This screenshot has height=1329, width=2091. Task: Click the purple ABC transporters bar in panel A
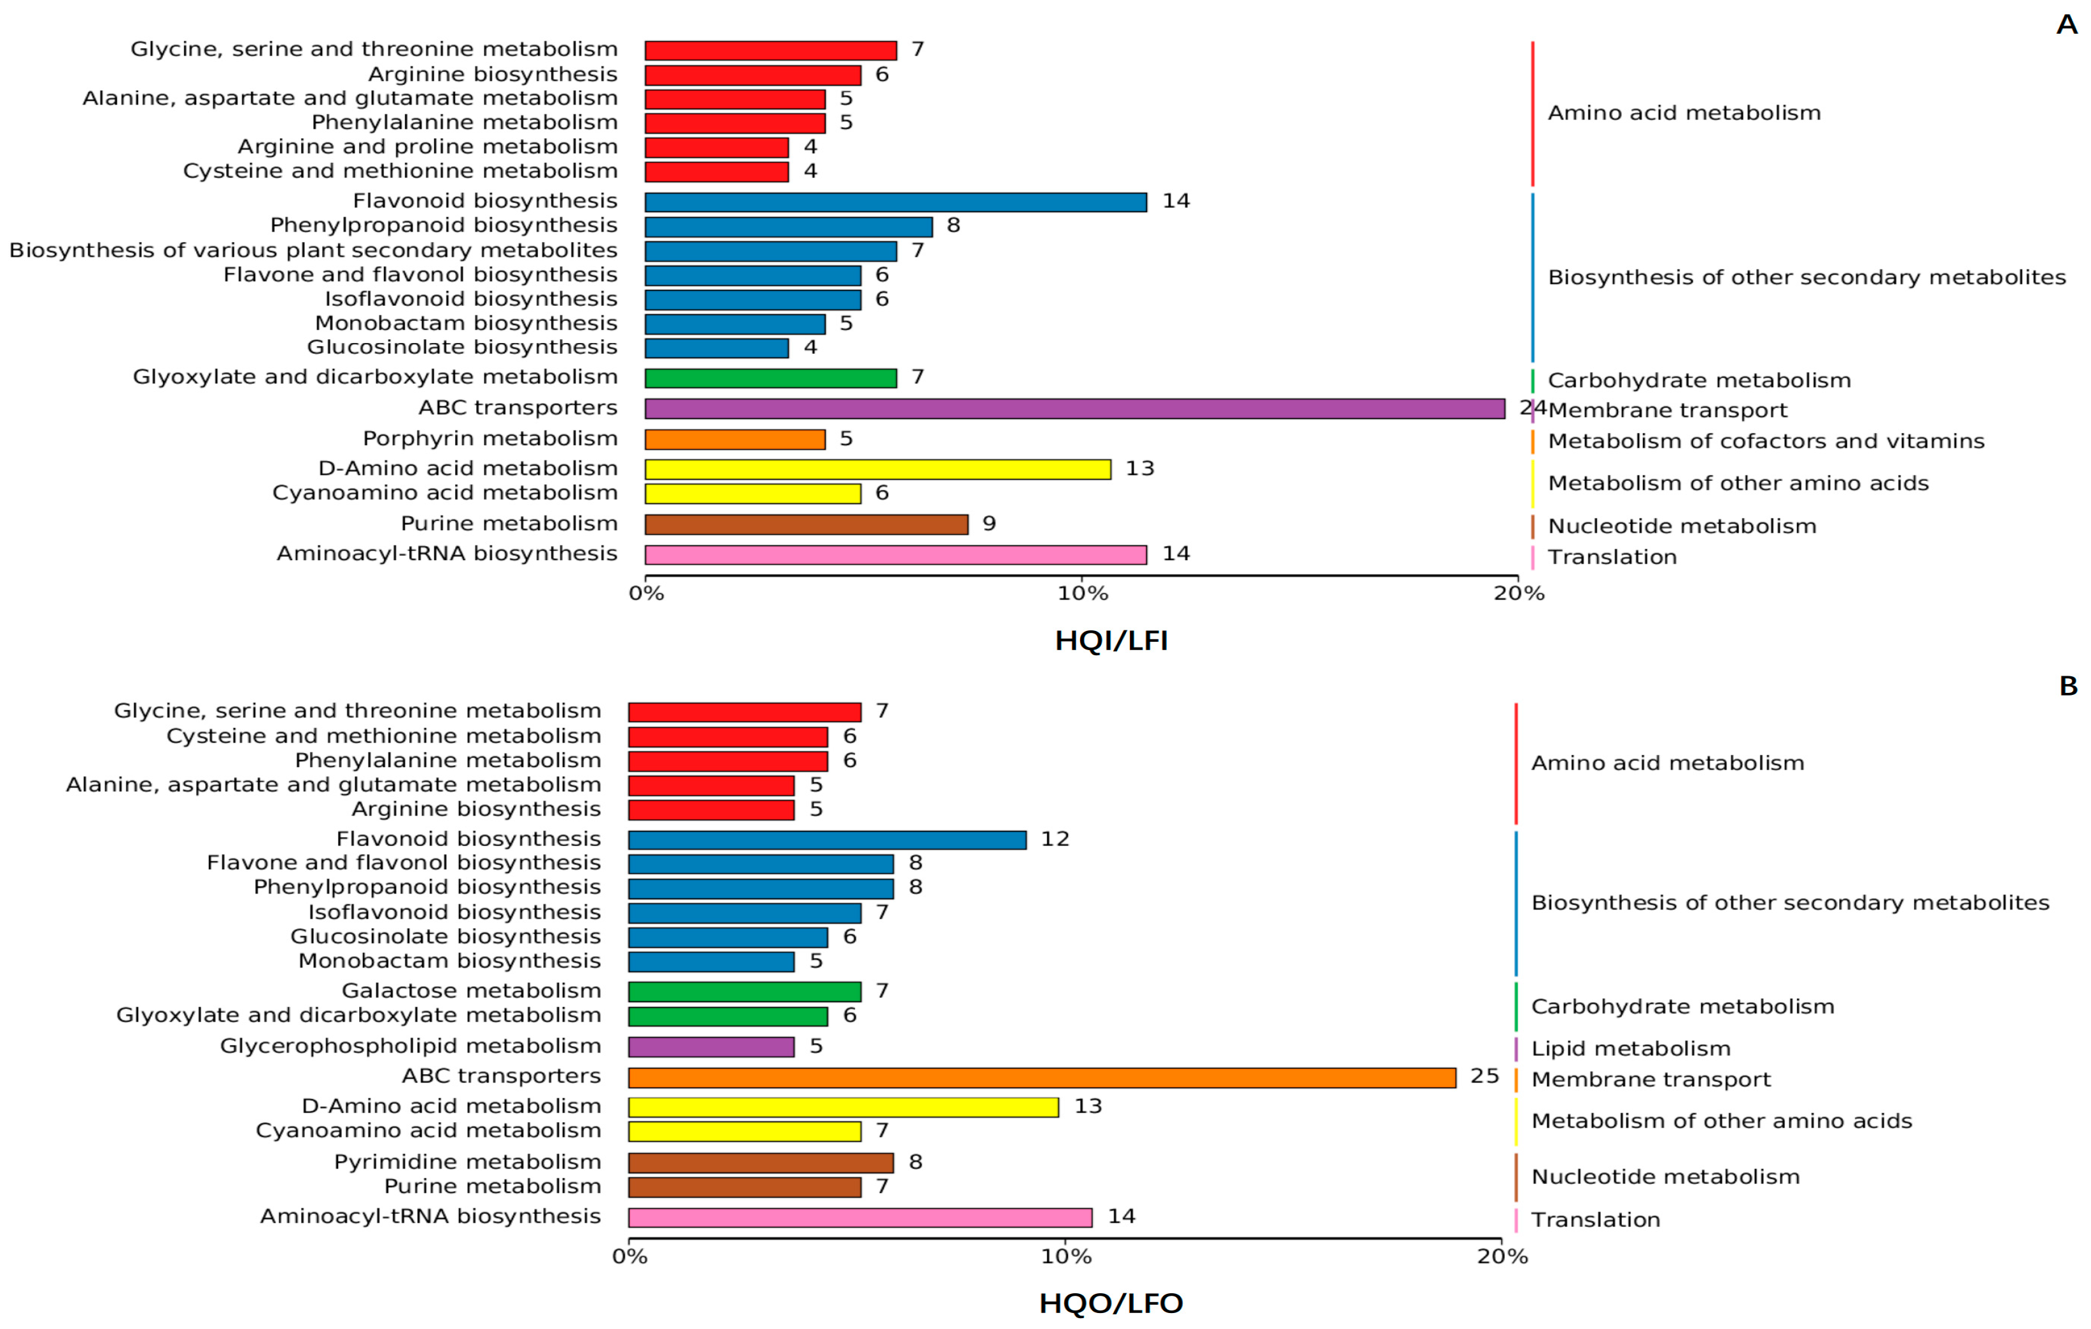pos(1074,408)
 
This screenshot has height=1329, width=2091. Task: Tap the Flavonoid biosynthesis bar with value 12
pos(827,839)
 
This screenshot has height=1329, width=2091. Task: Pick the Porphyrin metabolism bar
pos(735,439)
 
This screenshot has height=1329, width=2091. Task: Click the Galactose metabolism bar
pos(744,991)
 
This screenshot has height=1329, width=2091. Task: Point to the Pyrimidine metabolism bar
pos(760,1162)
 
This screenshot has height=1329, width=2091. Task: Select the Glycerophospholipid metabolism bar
pos(711,1046)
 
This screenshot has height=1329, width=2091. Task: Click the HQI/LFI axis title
pos(1111,641)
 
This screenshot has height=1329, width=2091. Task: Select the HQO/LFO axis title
pos(1111,1303)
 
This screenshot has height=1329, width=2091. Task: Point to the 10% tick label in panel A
pos(1082,594)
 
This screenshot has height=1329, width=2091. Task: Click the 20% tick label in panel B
pos(1502,1256)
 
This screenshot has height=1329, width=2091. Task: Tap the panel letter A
pos(2066,24)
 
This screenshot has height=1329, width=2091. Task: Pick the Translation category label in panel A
pos(1612,558)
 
